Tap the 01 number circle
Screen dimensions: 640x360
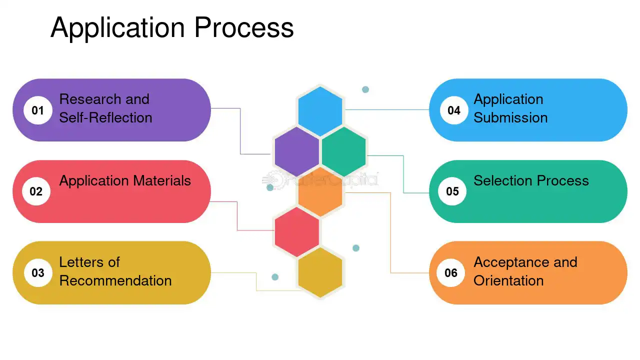pyautogui.click(x=37, y=110)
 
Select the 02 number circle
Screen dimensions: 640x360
pyautogui.click(x=36, y=191)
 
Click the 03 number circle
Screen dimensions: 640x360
pyautogui.click(x=38, y=273)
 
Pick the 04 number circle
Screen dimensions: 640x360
pyautogui.click(x=454, y=110)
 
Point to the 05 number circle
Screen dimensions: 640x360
pyautogui.click(x=452, y=191)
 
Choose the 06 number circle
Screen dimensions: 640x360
pyautogui.click(x=451, y=273)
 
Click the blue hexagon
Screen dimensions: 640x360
pyautogui.click(x=320, y=111)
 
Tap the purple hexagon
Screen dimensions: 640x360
pyautogui.click(x=297, y=151)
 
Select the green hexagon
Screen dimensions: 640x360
pyautogui.click(x=343, y=151)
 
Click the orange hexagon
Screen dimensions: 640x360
pyautogui.click(x=320, y=192)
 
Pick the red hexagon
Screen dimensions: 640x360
pyautogui.click(x=297, y=232)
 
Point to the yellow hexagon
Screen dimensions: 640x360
pyautogui.click(x=320, y=272)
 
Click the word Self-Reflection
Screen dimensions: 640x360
pyautogui.click(x=105, y=117)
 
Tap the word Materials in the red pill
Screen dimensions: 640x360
pyautogui.click(x=162, y=180)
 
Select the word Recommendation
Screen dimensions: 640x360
pyautogui.click(x=115, y=280)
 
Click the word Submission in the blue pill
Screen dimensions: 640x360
pyautogui.click(x=510, y=117)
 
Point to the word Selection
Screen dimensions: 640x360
pyautogui.click(x=503, y=180)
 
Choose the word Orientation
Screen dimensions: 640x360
pyautogui.click(x=508, y=280)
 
